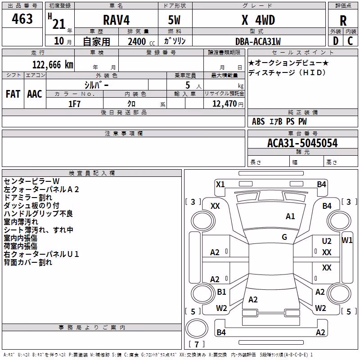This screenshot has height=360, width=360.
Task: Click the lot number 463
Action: [x=22, y=18]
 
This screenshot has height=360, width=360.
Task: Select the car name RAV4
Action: [x=116, y=20]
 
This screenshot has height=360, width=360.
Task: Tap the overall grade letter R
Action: [x=343, y=21]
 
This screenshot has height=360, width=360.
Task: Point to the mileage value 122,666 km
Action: [x=53, y=65]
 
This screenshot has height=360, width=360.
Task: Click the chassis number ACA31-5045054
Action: [x=302, y=143]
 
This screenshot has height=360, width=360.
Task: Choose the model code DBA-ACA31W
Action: [x=258, y=41]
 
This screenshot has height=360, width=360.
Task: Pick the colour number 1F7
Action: [x=74, y=104]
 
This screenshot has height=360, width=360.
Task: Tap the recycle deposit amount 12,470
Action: [x=224, y=104]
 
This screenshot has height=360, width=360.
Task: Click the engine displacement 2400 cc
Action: [x=141, y=41]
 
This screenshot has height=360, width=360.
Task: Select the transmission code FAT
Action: [x=13, y=94]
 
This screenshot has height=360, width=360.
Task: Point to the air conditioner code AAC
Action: [x=35, y=94]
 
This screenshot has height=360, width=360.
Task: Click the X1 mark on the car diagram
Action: [x=220, y=184]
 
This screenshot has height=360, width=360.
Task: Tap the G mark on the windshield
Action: [x=284, y=237]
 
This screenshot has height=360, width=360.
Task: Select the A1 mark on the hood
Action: [x=290, y=216]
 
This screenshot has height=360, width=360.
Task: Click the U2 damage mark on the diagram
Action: [x=327, y=241]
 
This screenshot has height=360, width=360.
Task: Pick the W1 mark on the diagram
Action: [x=347, y=240]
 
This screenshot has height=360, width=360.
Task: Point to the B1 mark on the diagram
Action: [x=221, y=292]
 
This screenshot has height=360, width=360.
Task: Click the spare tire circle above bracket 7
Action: [x=197, y=328]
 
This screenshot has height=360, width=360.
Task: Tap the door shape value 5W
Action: [x=174, y=20]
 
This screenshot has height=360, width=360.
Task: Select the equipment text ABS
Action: [x=258, y=121]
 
